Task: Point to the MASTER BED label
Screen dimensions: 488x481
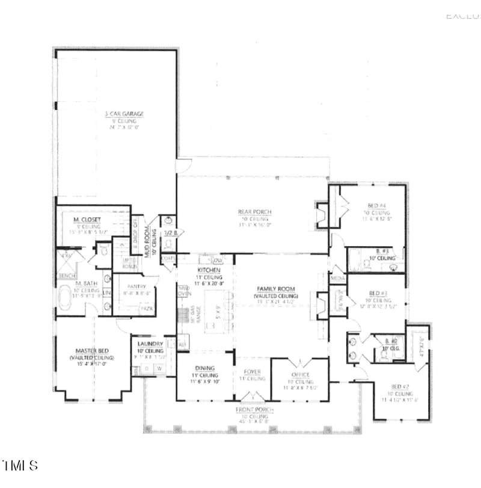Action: [x=91, y=350]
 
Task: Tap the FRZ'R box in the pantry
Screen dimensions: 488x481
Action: [x=146, y=309]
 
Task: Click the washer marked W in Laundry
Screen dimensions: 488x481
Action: [x=160, y=369]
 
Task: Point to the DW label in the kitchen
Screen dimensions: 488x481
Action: [x=218, y=261]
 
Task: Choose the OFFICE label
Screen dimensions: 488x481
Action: [x=300, y=375]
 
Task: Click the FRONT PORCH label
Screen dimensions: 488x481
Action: [x=254, y=410]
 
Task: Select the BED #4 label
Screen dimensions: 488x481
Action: [x=377, y=206]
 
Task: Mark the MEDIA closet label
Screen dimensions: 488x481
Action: [x=337, y=279]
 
